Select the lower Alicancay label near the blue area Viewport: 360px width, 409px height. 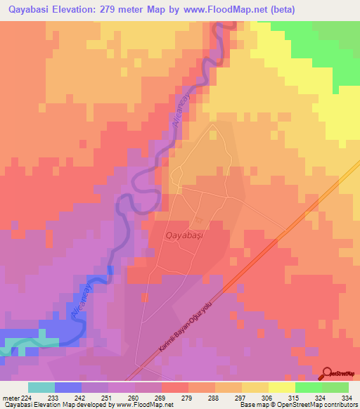82,299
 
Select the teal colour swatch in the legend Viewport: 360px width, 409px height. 41,387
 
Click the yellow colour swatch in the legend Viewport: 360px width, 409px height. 281,387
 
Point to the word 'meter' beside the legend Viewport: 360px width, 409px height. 11,397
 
